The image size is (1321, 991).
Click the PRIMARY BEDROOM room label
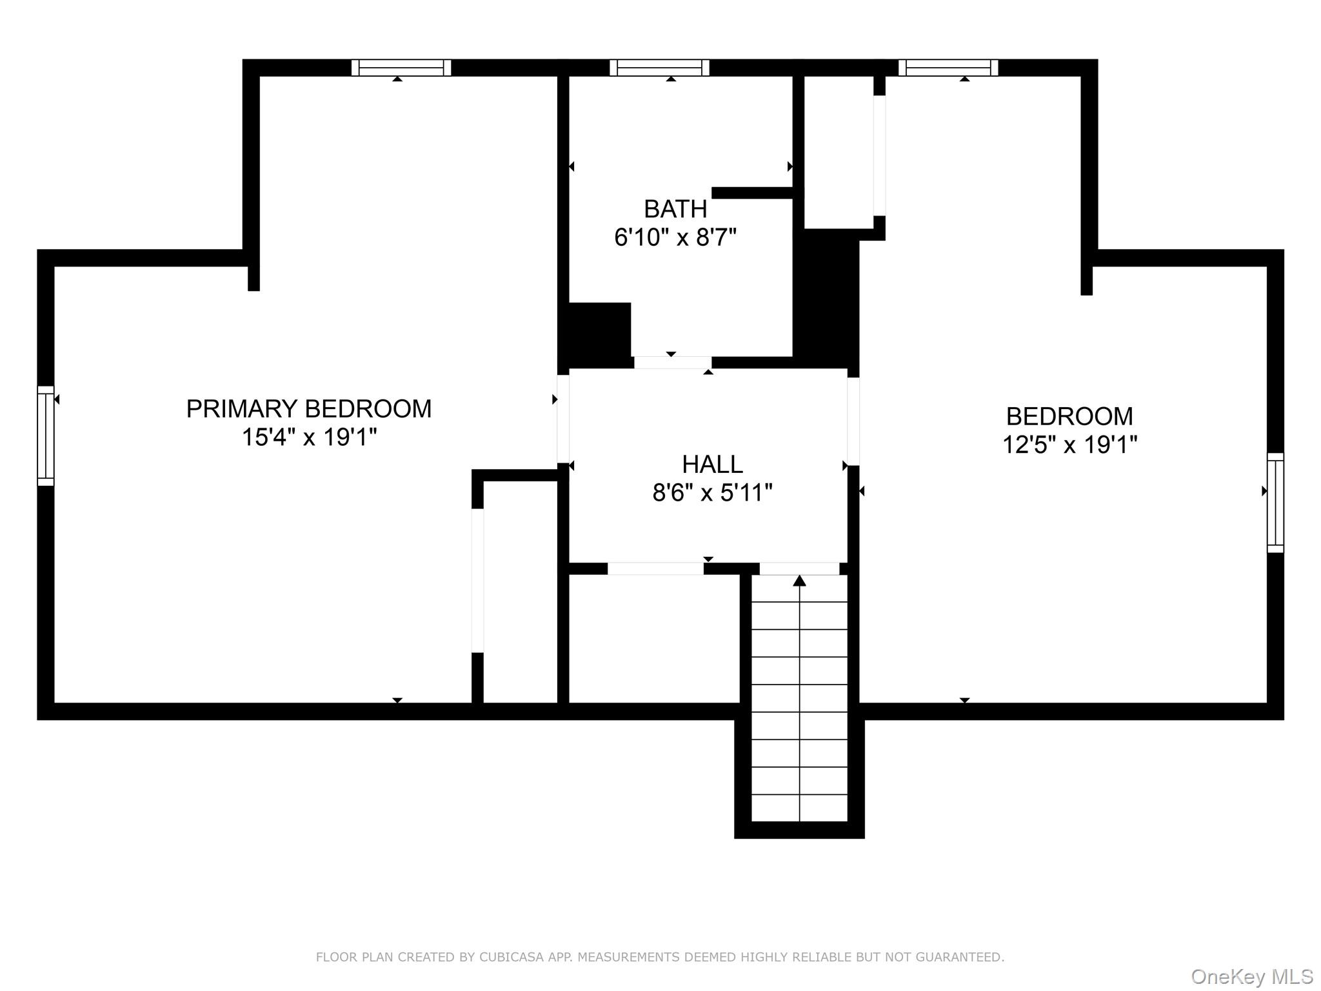(x=309, y=409)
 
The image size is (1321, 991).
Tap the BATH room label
(x=675, y=209)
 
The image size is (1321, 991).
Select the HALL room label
(x=712, y=465)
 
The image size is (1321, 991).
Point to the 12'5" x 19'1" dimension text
(x=1069, y=445)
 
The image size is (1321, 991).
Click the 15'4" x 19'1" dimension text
(x=309, y=437)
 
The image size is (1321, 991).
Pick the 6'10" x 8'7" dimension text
(x=675, y=237)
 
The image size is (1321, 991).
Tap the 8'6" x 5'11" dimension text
(x=712, y=493)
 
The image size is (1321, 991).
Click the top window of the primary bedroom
(x=401, y=68)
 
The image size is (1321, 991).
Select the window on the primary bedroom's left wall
(x=46, y=435)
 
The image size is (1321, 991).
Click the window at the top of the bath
(x=659, y=68)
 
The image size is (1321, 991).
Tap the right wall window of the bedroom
(x=1275, y=503)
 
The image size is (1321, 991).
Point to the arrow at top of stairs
(x=800, y=580)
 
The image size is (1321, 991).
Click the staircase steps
(x=800, y=698)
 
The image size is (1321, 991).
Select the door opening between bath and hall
(x=673, y=363)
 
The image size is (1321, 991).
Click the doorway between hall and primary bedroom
(x=563, y=419)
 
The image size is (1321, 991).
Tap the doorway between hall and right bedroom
(x=853, y=421)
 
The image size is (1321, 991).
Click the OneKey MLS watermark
(x=1252, y=976)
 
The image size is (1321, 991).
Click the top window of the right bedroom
(x=948, y=68)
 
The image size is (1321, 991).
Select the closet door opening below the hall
(x=655, y=568)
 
